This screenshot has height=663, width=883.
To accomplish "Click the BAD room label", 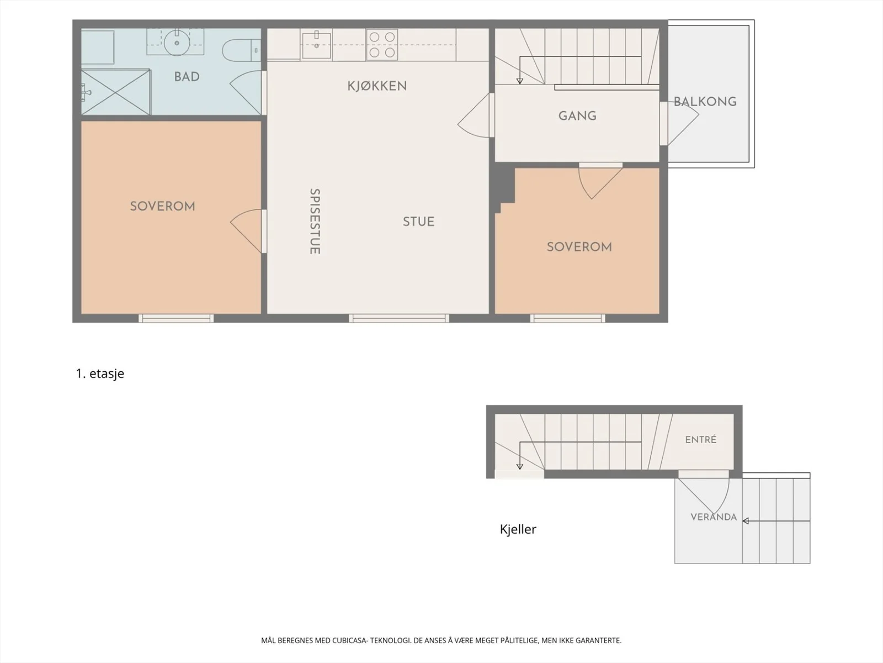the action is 187,76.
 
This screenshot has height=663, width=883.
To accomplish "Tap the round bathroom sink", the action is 177,43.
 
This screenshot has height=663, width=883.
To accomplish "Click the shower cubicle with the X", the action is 116,92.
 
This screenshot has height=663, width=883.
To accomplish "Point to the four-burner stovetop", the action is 382,45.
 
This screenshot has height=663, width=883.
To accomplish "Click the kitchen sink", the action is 317,45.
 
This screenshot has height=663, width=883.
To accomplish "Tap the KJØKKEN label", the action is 377,86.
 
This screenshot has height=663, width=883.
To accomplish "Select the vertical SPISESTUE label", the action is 315,222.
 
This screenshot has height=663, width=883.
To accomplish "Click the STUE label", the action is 419,222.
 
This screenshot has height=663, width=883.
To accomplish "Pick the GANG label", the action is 577,116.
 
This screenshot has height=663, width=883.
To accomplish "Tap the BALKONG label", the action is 705,102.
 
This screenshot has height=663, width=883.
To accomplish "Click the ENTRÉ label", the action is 701,439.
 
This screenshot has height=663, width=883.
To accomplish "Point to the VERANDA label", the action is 714,517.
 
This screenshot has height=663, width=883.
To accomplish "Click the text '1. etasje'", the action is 100,373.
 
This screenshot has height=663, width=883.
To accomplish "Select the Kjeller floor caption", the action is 518,529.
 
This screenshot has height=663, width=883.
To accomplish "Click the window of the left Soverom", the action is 176,318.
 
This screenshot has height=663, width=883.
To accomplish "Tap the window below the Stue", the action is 399,318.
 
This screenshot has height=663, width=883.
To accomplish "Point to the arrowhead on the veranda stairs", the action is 746,521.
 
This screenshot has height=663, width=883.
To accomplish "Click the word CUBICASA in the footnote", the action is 349,640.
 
